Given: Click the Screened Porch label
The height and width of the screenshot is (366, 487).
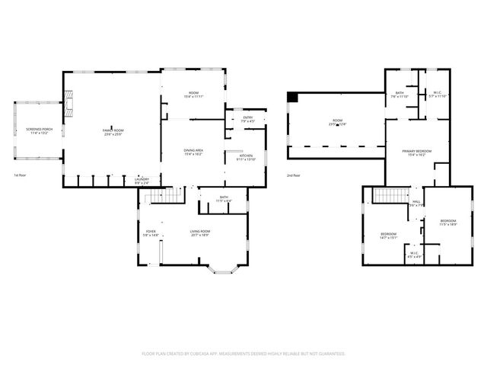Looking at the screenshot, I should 38,131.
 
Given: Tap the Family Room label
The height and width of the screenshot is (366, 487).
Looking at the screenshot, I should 113,131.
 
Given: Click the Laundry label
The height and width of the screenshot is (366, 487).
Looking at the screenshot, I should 142,181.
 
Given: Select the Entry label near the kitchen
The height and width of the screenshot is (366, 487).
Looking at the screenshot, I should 248,118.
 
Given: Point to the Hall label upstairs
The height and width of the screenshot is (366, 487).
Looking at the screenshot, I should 416,203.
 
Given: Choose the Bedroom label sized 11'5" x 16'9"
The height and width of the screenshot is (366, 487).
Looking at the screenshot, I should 447,222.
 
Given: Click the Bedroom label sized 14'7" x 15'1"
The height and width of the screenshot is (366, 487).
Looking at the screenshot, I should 389,235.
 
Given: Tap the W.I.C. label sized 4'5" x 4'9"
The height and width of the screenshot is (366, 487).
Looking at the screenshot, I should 414,255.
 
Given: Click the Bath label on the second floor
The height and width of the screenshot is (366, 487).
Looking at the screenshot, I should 399,95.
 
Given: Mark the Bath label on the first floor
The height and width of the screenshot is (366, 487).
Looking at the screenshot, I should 224,199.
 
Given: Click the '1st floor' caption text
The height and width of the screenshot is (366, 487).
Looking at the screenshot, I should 21,175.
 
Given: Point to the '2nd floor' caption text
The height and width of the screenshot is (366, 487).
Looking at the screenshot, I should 294,175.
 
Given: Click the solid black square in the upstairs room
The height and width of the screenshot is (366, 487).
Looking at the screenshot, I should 293,96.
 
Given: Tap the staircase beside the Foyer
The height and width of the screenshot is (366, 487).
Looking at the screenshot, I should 155,197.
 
